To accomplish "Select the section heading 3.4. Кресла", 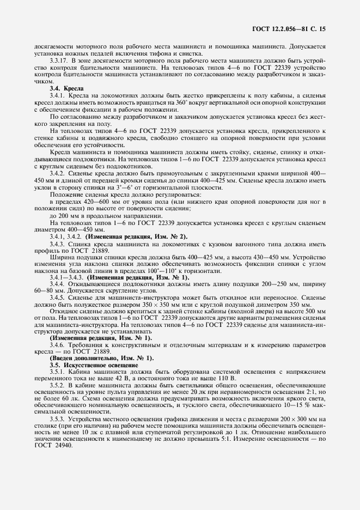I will pos(65,88).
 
